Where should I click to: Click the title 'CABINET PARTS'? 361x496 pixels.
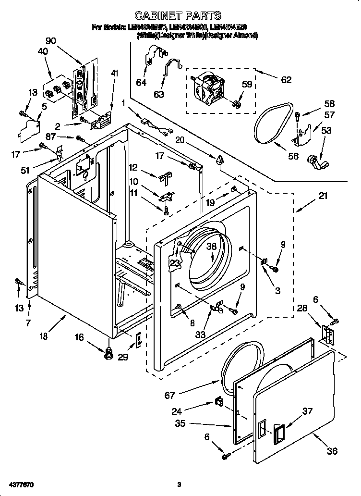point(178,15)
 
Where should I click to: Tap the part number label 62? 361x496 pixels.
point(286,80)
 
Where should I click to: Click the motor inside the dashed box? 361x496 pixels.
point(209,89)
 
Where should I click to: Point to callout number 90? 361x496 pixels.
point(50,41)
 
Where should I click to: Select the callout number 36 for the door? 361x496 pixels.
point(332,451)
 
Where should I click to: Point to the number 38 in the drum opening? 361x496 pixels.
point(212,247)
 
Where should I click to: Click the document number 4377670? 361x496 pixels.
point(21,484)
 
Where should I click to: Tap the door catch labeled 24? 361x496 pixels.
point(218,401)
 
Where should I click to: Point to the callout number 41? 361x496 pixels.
point(114,74)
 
